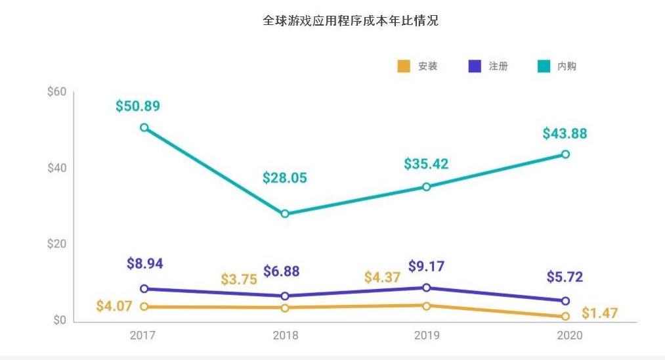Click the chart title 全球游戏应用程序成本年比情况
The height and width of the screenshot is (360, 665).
[350, 21]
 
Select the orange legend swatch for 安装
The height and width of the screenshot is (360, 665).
[404, 66]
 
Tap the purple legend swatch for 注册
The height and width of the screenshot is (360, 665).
[475, 66]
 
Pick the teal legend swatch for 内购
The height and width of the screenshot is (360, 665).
[544, 66]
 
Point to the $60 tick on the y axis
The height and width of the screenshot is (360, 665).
[57, 91]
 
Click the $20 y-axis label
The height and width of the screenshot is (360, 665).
[57, 244]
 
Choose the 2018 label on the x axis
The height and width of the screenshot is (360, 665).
[285, 336]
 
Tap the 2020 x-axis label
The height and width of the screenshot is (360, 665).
[565, 336]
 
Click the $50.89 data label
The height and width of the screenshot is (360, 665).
[138, 106]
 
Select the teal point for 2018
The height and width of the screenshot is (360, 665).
[285, 214]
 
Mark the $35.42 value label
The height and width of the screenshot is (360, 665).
[426, 164]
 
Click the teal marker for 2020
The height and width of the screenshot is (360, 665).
[565, 154]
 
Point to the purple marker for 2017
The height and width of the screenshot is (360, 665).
[144, 288]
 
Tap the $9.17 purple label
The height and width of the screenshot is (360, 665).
[426, 267]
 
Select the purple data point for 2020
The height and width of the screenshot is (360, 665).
[565, 301]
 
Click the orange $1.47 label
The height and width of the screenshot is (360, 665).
[599, 313]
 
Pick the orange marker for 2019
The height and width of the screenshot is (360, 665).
[426, 305]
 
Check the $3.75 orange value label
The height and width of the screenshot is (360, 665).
[239, 279]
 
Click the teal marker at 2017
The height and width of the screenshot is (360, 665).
[144, 127]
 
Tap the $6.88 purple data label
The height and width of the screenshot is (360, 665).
[286, 271]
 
